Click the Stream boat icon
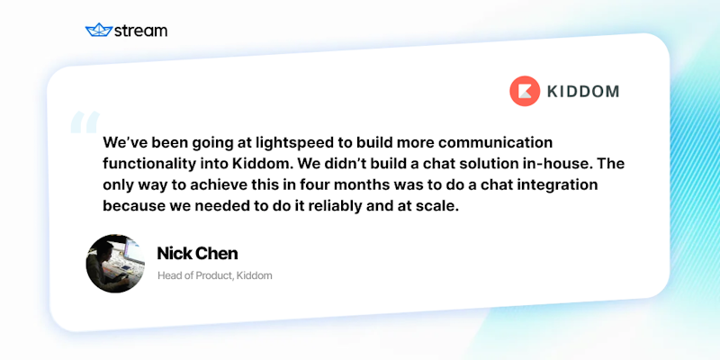coord(97,31)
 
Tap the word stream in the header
coord(140,31)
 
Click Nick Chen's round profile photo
coord(115,263)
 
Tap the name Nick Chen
coord(196,253)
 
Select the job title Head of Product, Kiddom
coord(214,275)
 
